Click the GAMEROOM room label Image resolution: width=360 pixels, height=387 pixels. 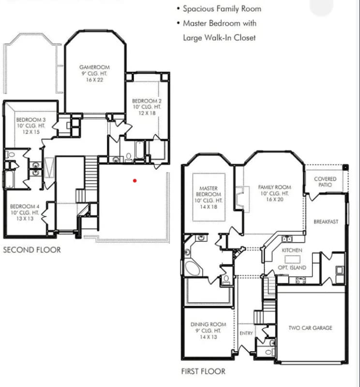94,67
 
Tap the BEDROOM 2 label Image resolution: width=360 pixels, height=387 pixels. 147,101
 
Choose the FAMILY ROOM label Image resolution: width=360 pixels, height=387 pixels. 274,187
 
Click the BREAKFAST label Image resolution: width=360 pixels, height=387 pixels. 326,222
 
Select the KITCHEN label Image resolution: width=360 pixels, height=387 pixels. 292,251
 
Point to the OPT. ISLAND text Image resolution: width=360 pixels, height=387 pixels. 292,268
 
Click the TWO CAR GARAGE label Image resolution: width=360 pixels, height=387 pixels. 310,328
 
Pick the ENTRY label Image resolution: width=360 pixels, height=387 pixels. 246,333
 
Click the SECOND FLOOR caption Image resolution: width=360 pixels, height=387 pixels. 32,250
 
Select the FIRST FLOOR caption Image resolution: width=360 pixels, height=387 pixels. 203,372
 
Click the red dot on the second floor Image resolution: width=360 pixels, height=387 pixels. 135,180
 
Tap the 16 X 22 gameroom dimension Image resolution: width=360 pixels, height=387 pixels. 94,80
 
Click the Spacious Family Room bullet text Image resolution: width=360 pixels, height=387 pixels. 222,9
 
